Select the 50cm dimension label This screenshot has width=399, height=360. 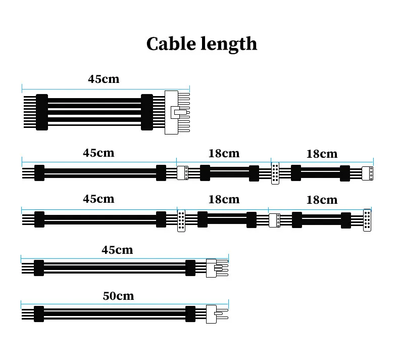click(x=118, y=296)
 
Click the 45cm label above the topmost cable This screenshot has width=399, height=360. click(x=104, y=79)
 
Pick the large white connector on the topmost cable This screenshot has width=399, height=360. click(x=172, y=112)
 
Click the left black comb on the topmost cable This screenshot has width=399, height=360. click(x=42, y=112)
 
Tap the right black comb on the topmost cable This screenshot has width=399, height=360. click(x=147, y=112)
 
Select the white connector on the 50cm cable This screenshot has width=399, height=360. click(x=211, y=314)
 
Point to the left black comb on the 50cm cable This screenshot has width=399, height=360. click(x=38, y=314)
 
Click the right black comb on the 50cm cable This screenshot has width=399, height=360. click(x=190, y=314)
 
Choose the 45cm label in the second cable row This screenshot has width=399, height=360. click(x=98, y=153)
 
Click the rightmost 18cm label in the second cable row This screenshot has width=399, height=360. click(x=322, y=154)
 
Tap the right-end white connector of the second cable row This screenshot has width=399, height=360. click(x=368, y=173)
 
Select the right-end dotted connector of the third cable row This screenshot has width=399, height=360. click(x=367, y=220)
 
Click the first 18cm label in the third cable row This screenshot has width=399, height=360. click(x=224, y=199)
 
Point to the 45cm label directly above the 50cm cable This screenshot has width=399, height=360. click(x=117, y=250)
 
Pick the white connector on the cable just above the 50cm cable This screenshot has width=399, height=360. click(x=211, y=268)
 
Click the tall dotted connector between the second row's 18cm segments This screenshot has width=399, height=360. click(x=275, y=173)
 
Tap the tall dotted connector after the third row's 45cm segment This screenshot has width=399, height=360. click(x=181, y=220)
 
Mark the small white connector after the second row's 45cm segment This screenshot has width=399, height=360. click(x=183, y=173)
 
